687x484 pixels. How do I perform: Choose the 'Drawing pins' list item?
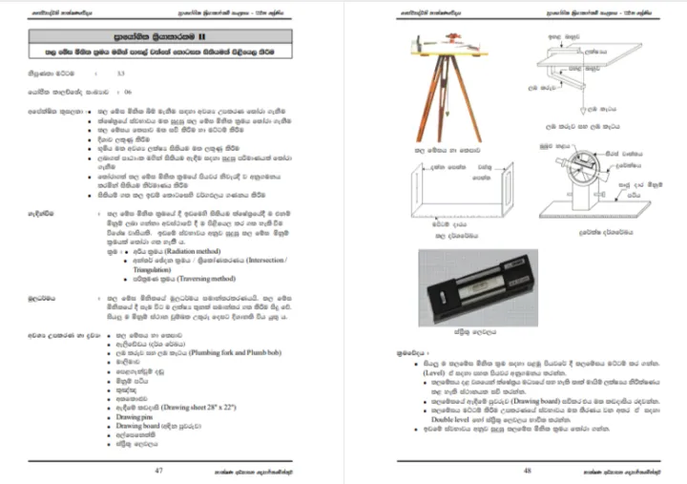coord(135,417)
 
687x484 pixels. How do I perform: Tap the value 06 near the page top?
coord(127,92)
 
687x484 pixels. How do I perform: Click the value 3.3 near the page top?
coord(120,73)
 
